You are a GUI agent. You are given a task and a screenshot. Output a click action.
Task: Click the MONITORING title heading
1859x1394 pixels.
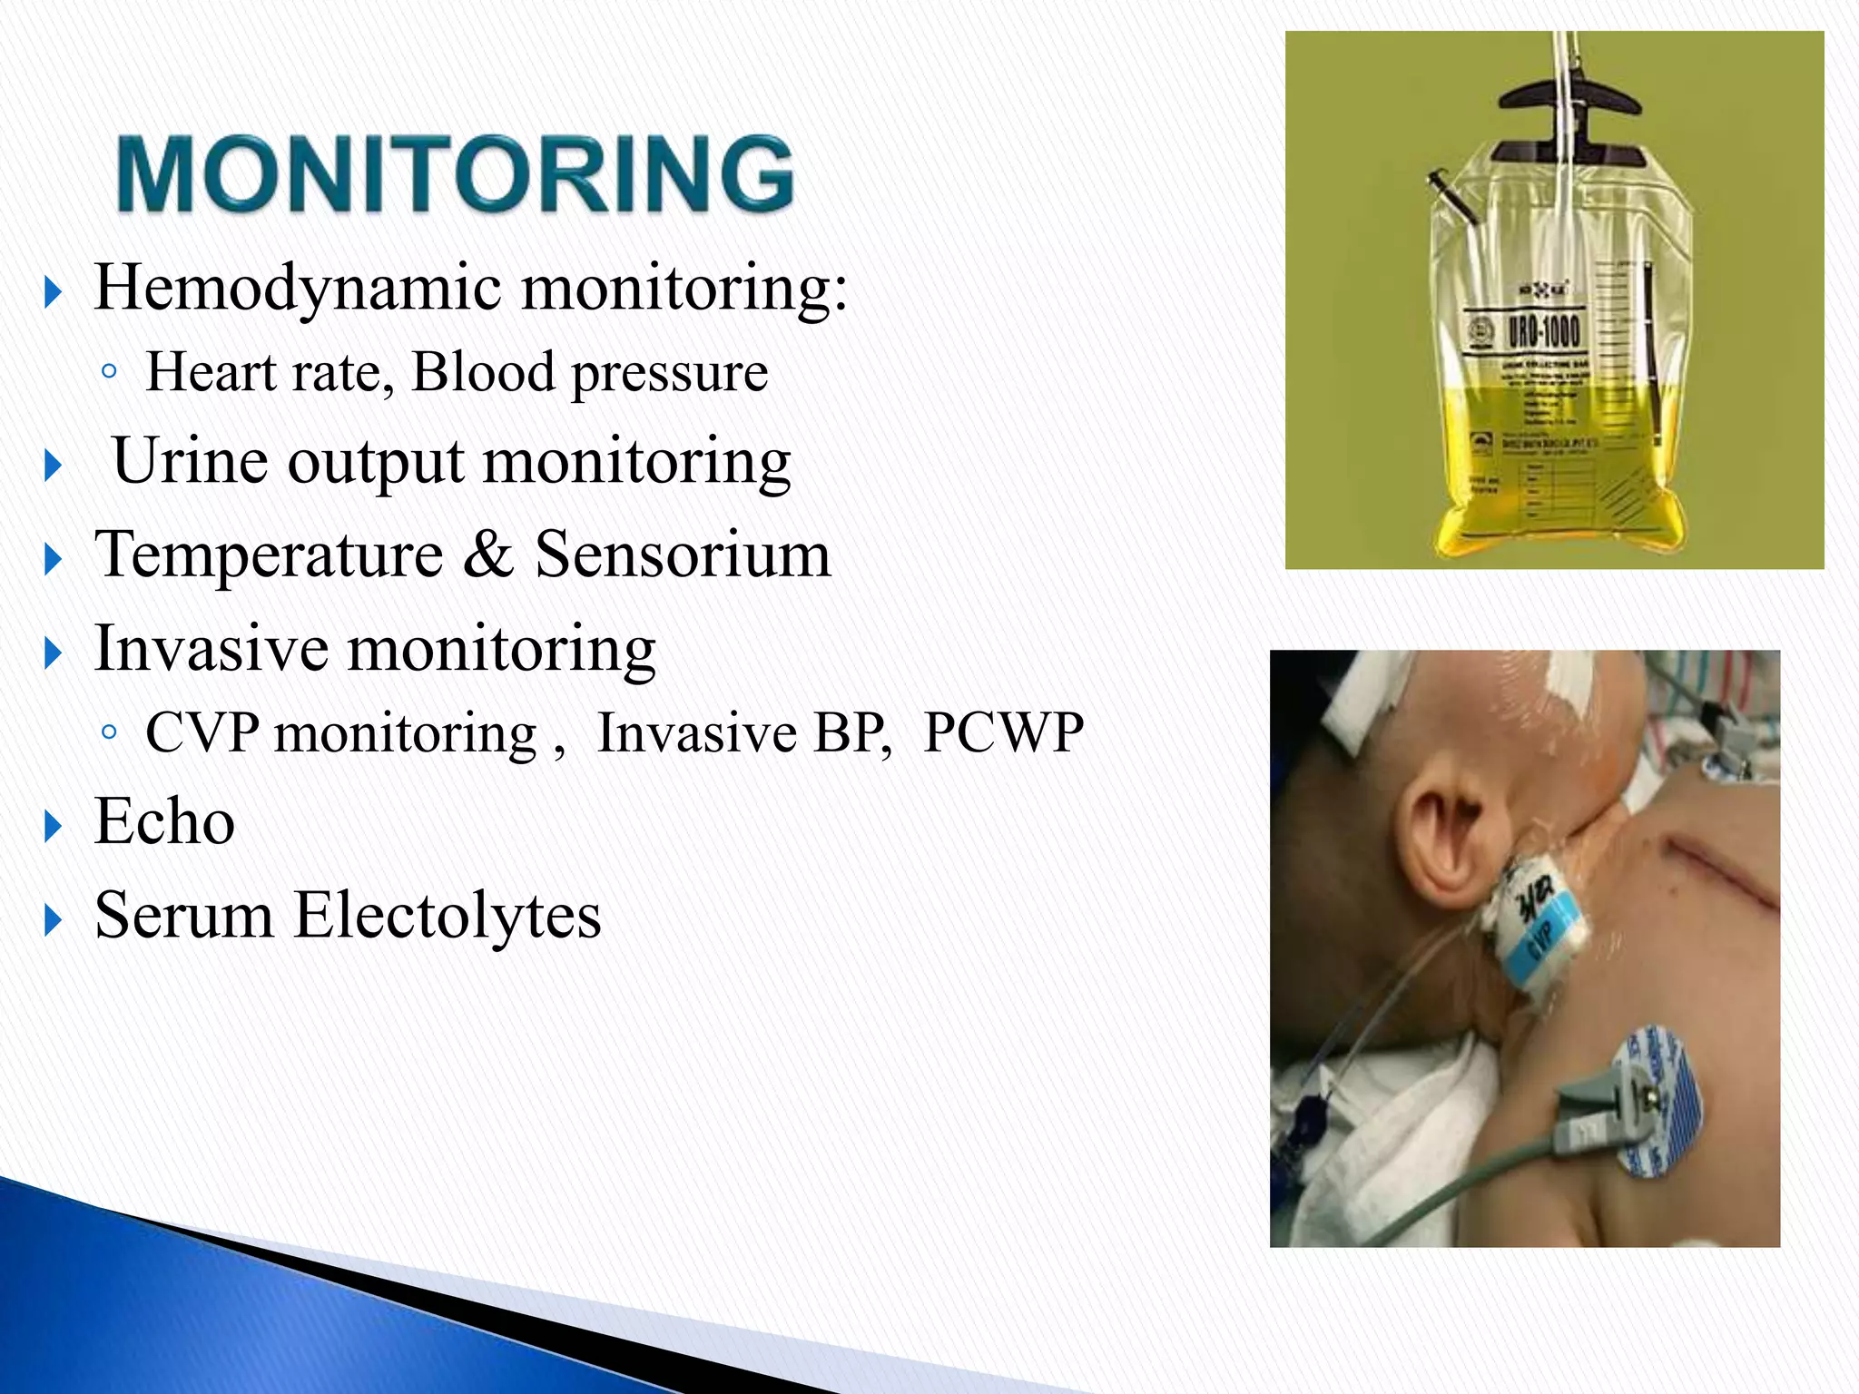click(x=456, y=174)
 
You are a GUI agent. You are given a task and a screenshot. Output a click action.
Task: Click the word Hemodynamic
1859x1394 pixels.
click(x=298, y=288)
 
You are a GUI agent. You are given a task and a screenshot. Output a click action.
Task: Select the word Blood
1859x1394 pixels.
click(x=483, y=372)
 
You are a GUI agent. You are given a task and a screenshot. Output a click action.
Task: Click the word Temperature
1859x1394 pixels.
click(x=269, y=555)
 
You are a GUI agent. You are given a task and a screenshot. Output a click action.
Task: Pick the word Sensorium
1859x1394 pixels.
click(x=683, y=555)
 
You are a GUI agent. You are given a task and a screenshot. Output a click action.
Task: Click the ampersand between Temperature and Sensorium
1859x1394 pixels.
click(x=488, y=555)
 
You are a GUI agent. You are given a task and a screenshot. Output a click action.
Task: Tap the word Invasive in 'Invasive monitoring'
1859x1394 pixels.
click(x=211, y=649)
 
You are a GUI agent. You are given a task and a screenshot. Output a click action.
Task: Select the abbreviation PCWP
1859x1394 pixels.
click(x=1003, y=732)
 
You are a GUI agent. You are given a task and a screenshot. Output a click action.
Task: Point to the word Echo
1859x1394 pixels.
click(x=164, y=821)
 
